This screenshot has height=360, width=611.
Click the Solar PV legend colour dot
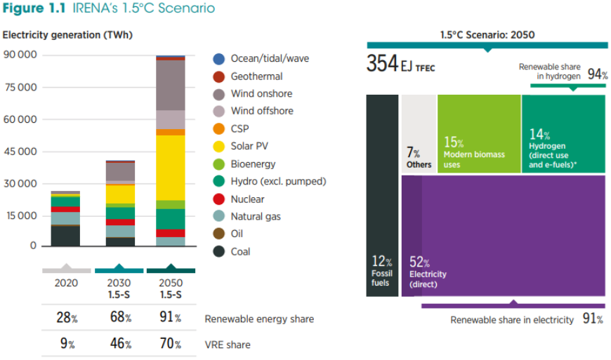218,147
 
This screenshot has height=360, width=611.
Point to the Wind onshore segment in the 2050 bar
171,85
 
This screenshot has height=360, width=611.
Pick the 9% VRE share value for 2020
66,344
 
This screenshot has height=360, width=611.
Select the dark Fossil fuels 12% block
382,195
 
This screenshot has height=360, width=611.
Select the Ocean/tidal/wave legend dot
218,59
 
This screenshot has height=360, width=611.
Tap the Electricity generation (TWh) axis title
67,34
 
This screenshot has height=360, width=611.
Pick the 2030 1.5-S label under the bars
119,288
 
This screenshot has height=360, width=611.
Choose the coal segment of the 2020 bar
65,236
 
